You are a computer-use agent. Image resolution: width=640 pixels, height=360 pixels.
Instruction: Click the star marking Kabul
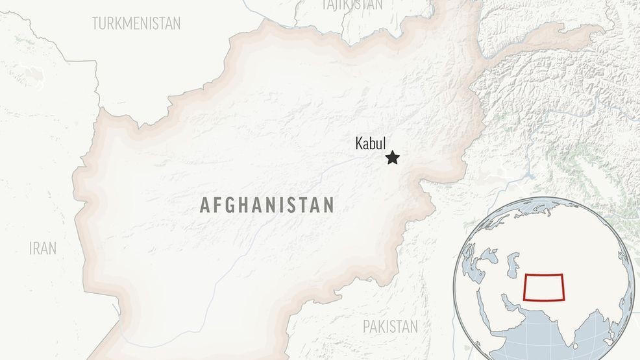pos(392,158)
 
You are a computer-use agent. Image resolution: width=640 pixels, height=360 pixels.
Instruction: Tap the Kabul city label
pos(371,143)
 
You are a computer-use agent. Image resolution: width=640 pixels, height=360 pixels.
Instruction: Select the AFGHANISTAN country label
pos(267,206)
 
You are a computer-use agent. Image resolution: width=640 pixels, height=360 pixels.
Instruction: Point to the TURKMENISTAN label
pos(136,24)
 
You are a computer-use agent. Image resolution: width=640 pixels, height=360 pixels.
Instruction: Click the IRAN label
pos(42,248)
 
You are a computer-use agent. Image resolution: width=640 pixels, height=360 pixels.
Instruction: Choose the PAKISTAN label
pos(390,326)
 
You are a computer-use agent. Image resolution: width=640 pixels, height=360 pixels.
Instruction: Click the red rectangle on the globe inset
pos(545,287)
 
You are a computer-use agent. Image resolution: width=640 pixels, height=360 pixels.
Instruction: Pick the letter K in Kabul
pos(359,143)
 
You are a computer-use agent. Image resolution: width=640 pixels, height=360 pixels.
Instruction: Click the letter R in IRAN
pos(37,248)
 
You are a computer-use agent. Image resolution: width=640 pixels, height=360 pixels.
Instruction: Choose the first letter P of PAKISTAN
pos(366,326)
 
